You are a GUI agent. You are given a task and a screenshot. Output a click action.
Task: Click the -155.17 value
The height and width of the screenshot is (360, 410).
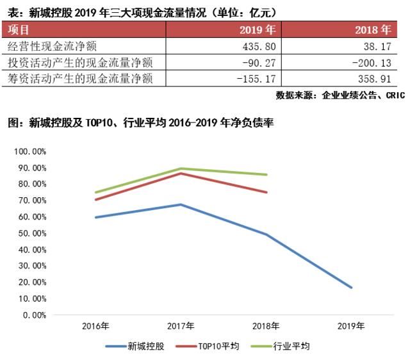pos(258,79)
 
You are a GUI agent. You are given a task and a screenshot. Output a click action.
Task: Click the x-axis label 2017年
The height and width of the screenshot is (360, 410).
pos(181,326)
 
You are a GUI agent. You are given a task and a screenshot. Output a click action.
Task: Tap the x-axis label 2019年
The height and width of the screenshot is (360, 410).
pos(351,326)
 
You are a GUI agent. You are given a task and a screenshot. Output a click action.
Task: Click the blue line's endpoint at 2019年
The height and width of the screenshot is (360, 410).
pos(351,288)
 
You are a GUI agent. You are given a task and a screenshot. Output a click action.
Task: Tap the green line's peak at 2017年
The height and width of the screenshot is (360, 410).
pos(181,168)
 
